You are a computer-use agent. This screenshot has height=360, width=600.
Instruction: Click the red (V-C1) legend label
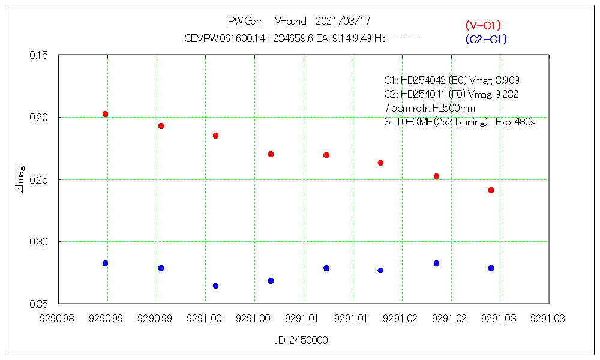(483, 25)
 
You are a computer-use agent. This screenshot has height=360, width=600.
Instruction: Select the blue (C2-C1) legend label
(486, 40)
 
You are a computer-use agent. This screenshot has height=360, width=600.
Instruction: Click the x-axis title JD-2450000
(301, 340)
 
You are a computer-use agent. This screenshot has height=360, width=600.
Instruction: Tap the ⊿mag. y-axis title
(20, 179)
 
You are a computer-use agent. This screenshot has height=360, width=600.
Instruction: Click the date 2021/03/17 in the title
(343, 22)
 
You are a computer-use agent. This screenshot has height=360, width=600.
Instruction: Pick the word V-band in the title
(290, 22)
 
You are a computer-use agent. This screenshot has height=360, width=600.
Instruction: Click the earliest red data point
(106, 114)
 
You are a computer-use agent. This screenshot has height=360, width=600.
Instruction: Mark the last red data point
(491, 190)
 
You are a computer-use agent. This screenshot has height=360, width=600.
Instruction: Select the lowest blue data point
(216, 286)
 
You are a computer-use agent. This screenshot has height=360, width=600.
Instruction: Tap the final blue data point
(491, 268)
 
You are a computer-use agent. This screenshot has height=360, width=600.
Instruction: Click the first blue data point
(106, 263)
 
